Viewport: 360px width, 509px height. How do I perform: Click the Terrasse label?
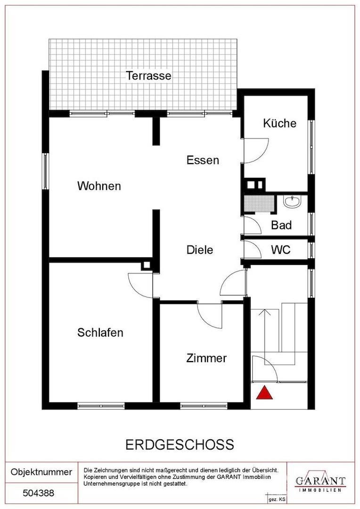(x=148, y=75)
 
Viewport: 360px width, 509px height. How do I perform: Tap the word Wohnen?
(x=99, y=186)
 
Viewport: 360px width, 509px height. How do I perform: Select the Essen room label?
(x=203, y=160)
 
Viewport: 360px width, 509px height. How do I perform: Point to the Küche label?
(x=279, y=123)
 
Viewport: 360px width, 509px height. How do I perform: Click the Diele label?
(x=200, y=250)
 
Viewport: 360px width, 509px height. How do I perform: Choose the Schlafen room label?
(x=100, y=332)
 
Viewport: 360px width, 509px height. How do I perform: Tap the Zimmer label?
(x=206, y=358)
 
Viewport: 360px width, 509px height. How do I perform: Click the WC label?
(x=281, y=250)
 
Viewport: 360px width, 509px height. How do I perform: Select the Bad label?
(x=281, y=225)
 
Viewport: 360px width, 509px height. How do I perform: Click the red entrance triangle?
(x=264, y=393)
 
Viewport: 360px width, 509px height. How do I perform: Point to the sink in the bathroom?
(x=293, y=201)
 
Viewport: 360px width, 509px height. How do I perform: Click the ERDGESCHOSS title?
(x=180, y=444)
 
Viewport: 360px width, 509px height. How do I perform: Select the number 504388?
(x=38, y=493)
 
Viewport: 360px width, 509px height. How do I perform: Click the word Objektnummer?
(x=41, y=472)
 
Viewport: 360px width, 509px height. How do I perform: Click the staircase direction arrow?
(x=266, y=331)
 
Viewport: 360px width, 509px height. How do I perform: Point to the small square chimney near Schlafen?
(x=147, y=265)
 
